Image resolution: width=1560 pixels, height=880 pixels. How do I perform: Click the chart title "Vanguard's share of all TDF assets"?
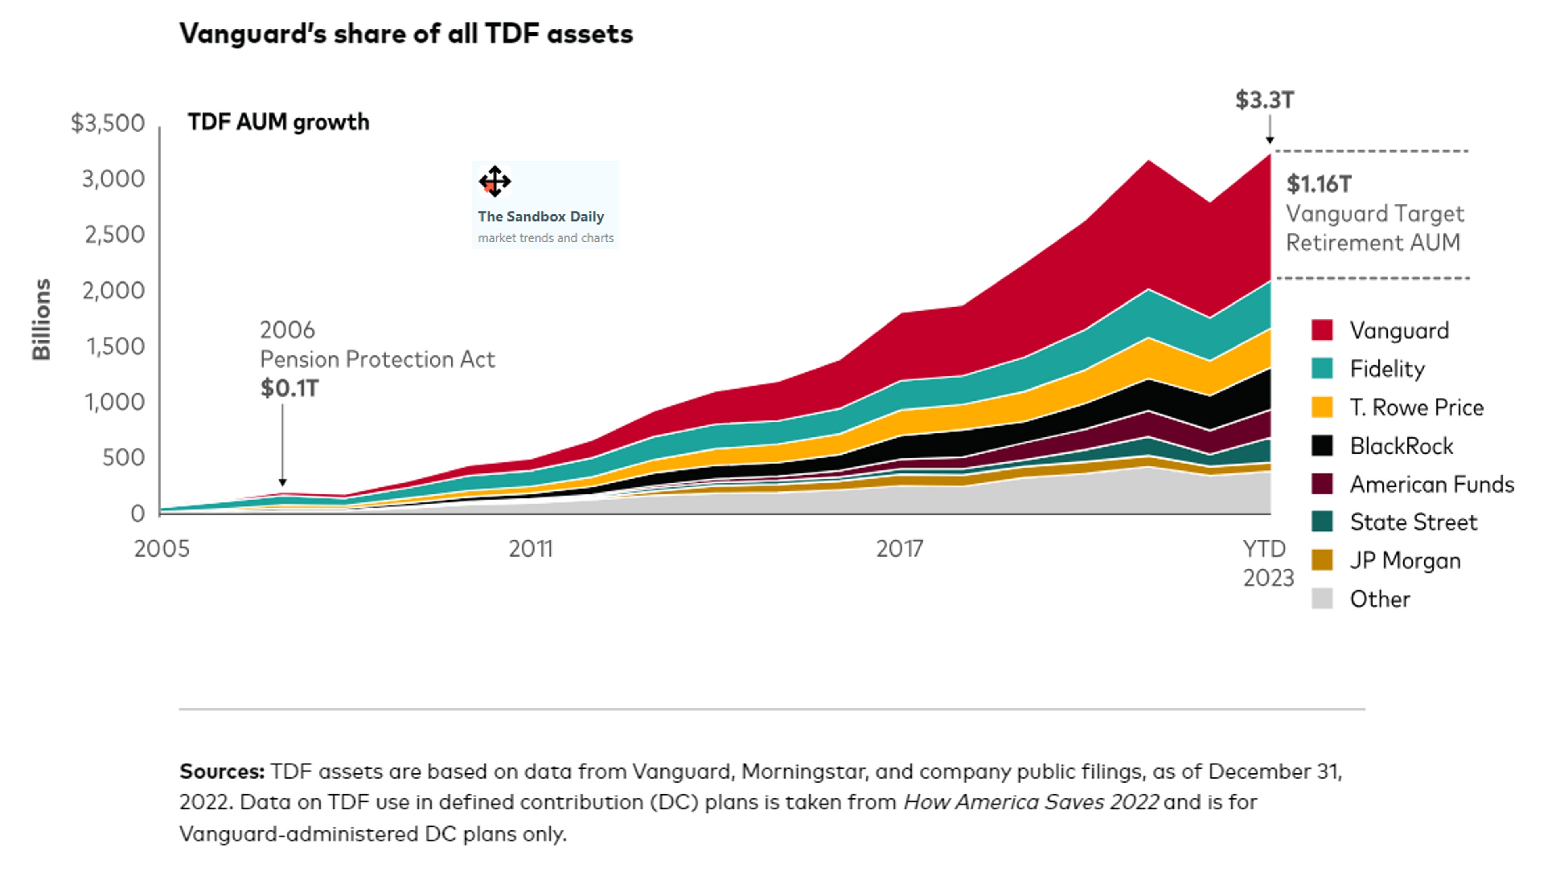pos(406,34)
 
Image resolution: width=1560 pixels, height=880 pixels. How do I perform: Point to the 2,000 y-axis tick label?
pos(114,291)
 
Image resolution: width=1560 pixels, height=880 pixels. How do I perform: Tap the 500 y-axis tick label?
pos(124,458)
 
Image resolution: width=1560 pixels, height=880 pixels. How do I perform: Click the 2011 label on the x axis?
pos(530,549)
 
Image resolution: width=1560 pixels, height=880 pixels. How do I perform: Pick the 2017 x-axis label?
pos(900,549)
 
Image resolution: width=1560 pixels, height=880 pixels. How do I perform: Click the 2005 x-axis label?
pos(161,549)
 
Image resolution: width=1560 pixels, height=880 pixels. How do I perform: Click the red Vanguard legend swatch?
pos(1322,330)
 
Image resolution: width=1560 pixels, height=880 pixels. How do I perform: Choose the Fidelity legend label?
pos(1387,369)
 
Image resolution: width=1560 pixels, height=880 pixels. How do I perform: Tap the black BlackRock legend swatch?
pos(1322,446)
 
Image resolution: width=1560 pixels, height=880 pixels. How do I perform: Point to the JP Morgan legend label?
pos(1405,561)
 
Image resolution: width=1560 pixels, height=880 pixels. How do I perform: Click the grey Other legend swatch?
pos(1322,599)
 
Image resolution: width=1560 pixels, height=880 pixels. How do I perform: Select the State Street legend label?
pos(1413,522)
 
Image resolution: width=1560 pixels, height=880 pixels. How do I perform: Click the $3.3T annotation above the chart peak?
pos(1264,100)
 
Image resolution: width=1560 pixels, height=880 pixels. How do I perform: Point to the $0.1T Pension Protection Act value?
pos(289,388)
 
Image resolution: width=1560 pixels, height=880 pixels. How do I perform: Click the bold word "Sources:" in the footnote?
pos(222,772)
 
